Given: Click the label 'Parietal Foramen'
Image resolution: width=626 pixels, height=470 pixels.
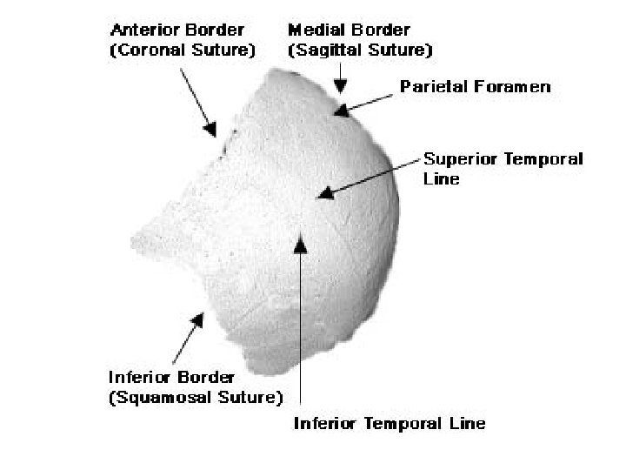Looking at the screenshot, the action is point(475,87).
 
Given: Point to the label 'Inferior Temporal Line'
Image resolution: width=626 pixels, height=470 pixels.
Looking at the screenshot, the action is point(390,424).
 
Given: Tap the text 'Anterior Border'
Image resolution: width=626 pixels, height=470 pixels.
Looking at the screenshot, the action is point(177,31).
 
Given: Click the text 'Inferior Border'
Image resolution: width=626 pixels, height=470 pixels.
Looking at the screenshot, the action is point(171,378).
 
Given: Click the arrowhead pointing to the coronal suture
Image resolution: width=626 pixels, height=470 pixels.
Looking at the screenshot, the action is point(211,130).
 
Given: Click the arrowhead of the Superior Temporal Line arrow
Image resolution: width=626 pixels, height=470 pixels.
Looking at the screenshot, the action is point(323,193).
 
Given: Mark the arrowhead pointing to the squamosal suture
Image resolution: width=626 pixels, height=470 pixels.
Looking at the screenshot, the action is point(198,320).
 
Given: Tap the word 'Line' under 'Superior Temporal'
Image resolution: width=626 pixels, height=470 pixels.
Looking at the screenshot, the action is point(441,179).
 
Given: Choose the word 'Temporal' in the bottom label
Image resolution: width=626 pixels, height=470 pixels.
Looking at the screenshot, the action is point(406,424).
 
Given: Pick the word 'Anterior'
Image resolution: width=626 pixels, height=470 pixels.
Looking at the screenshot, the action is point(143,31).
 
